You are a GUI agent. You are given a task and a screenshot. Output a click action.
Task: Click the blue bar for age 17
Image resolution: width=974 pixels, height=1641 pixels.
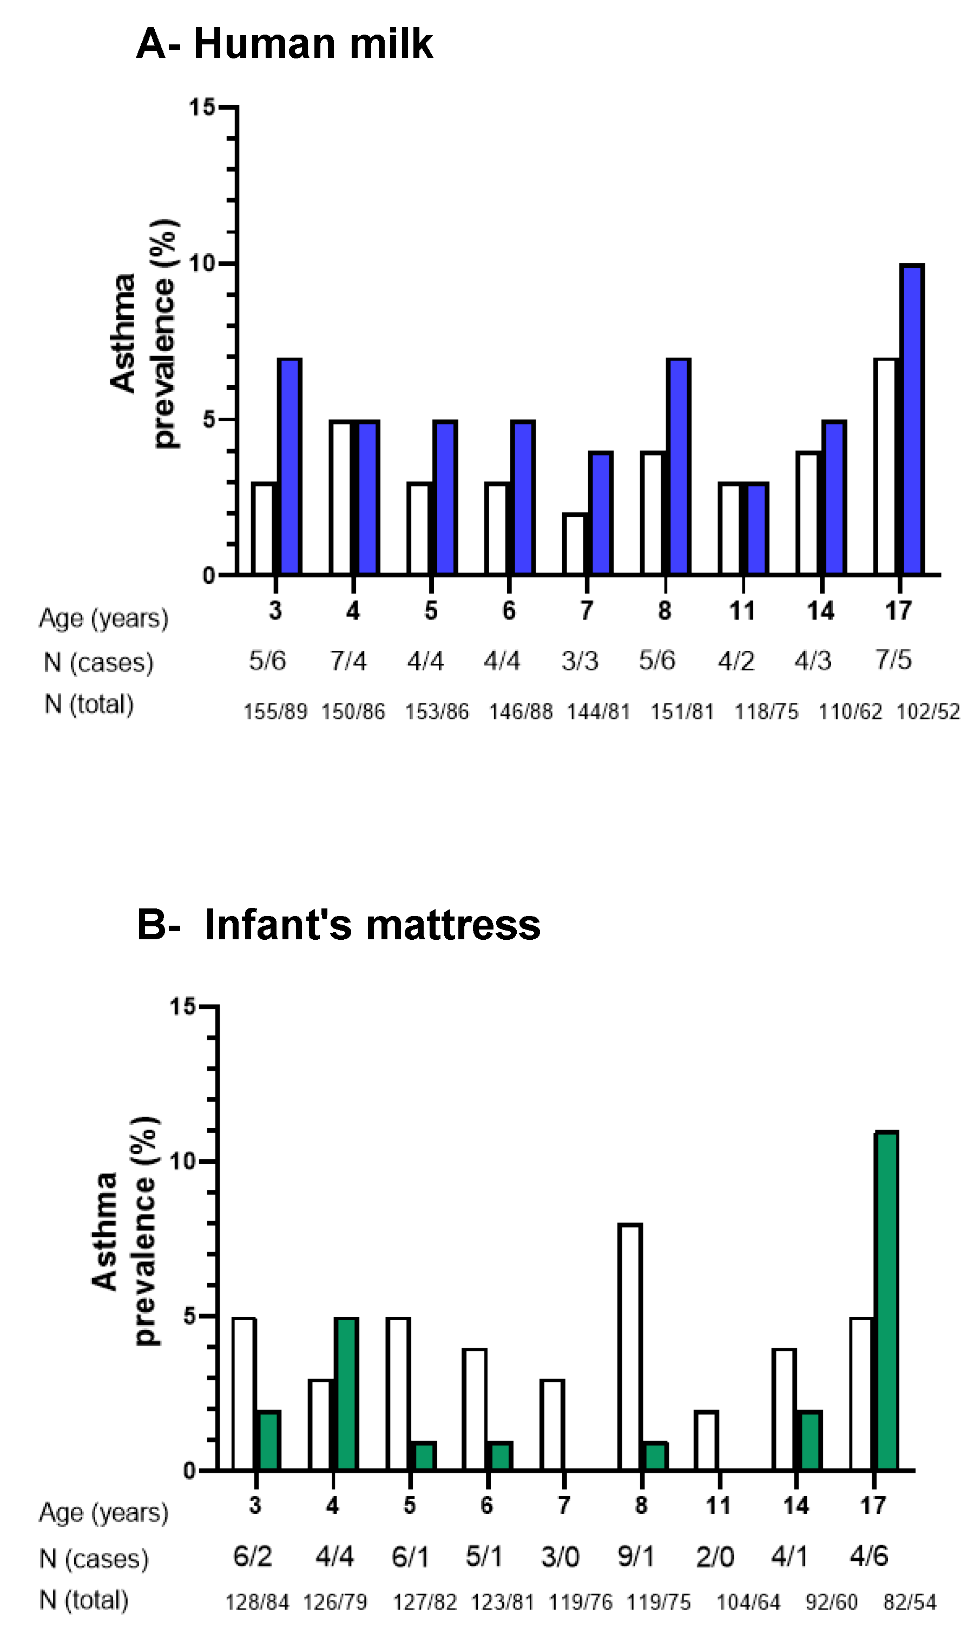[x=912, y=420]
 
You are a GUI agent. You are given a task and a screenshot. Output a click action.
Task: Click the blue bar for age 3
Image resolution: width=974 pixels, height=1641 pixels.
[x=289, y=467]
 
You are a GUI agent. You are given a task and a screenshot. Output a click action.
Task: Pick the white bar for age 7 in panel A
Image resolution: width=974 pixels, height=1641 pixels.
[x=575, y=545]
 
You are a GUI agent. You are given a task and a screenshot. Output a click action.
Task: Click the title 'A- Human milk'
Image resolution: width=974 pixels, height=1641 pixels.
[x=284, y=44]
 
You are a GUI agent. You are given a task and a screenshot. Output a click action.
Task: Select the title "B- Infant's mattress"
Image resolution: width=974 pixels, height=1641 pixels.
[x=339, y=925]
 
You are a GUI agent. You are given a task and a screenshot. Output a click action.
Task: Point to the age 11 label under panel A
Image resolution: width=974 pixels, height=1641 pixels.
[x=742, y=611]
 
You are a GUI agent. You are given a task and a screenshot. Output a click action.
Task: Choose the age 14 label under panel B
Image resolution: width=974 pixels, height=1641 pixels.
[x=795, y=1505]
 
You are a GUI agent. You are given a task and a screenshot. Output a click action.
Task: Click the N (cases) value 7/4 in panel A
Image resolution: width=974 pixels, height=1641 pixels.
[x=348, y=661]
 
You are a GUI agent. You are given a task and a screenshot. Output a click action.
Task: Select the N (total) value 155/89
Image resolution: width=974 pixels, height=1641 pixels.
[x=275, y=712]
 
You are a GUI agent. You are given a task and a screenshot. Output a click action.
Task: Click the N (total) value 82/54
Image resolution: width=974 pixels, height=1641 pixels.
[x=910, y=1602]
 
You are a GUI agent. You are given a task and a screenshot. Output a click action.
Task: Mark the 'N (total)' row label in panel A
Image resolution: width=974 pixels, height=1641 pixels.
[x=89, y=704]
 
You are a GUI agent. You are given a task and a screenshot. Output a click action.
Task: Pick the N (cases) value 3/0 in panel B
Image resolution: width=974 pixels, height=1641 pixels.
[x=560, y=1557]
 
